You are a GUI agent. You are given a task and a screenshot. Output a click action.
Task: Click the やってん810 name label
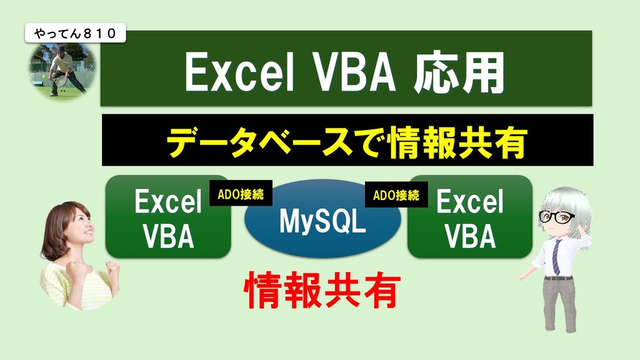[x=76, y=33]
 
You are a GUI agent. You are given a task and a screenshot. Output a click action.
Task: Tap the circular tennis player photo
[x=63, y=70]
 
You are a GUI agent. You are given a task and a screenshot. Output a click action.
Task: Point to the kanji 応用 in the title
[x=459, y=72]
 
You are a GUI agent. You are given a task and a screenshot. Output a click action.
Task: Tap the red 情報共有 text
[x=322, y=290]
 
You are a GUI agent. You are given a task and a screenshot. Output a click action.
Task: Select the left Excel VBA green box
[x=168, y=217]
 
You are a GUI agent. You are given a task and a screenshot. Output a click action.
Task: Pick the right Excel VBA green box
[x=470, y=217]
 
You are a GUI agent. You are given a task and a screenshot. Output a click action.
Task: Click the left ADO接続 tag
[x=241, y=193]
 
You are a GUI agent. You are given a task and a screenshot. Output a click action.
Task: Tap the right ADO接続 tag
[x=396, y=195]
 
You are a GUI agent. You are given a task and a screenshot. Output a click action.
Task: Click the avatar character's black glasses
[x=556, y=217]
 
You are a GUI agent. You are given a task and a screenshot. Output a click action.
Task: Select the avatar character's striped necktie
[x=556, y=257]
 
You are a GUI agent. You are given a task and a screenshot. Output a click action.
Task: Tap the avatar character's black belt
[x=558, y=278]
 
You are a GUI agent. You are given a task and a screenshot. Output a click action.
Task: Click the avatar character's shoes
[x=561, y=327]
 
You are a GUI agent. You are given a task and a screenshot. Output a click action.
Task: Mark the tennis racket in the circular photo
[x=61, y=80]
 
